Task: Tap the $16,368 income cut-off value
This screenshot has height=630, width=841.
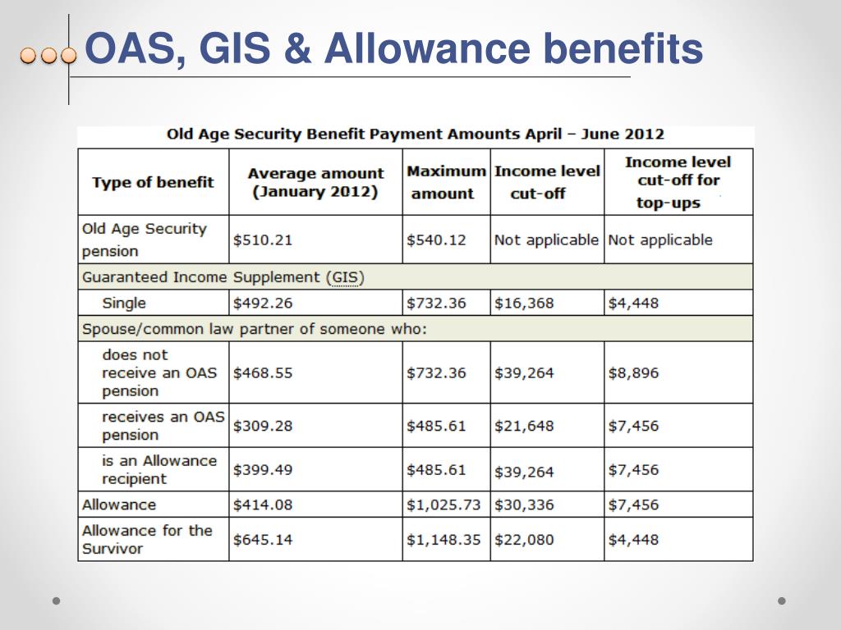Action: click(x=524, y=304)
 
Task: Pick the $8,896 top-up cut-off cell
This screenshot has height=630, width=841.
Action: click(x=633, y=373)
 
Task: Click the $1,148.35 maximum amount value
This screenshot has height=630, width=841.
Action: click(x=443, y=540)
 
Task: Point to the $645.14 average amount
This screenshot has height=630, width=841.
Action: click(x=263, y=540)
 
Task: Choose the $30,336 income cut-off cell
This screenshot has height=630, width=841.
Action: click(x=524, y=504)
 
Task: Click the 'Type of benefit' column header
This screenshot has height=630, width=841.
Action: click(x=153, y=182)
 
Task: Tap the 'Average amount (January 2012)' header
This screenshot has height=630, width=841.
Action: click(x=315, y=182)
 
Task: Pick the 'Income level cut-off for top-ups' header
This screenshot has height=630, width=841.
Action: click(x=678, y=182)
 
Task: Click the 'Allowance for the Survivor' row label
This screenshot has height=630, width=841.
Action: click(x=147, y=540)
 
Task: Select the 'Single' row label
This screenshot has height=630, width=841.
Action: click(x=124, y=304)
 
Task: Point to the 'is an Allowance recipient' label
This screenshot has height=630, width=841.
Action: click(x=159, y=469)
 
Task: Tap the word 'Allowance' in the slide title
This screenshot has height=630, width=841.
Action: click(x=427, y=48)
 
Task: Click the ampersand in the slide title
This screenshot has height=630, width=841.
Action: click(x=297, y=48)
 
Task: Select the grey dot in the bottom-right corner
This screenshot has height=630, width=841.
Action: click(x=782, y=601)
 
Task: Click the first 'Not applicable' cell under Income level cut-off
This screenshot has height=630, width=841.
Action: click(x=546, y=240)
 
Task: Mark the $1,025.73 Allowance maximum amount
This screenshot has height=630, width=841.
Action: click(x=443, y=504)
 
